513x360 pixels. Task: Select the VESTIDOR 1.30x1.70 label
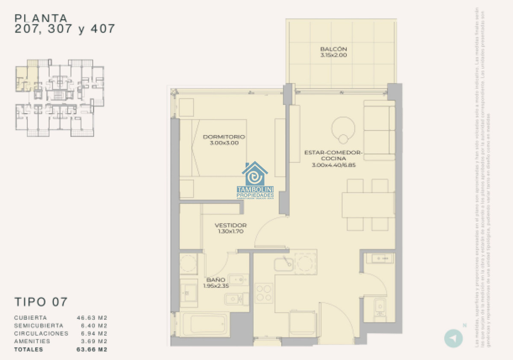230,228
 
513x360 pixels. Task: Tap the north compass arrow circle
453,338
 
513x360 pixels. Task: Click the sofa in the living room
379,130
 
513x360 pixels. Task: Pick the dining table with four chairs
368,205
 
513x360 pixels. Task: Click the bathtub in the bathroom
203,323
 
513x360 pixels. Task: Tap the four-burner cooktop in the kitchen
264,293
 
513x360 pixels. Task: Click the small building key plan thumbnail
60,98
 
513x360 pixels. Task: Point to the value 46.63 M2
91,318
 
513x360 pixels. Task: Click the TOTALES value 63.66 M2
91,349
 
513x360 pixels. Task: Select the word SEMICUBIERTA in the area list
38,326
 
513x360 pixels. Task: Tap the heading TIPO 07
41,301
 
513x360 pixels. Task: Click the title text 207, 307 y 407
65,29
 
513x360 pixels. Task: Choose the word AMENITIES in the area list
32,341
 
